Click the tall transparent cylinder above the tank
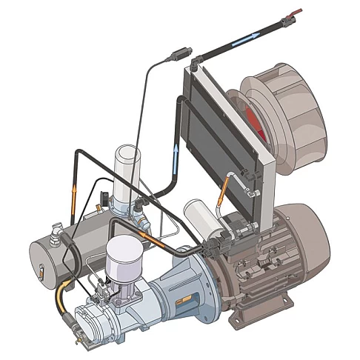pyautogui.click(x=127, y=171)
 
